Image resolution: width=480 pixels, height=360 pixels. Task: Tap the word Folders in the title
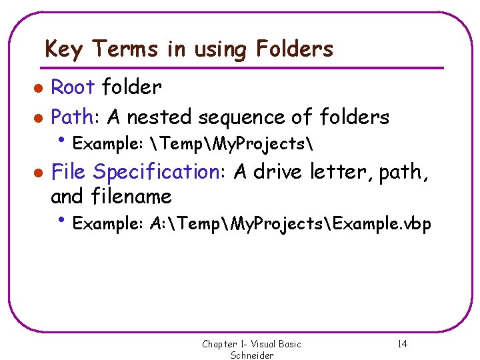click(291, 49)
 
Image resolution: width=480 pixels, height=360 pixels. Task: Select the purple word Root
click(74, 87)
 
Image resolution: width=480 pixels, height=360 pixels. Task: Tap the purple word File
click(69, 172)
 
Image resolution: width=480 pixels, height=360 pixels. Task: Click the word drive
click(278, 172)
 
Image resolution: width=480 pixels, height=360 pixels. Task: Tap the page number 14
click(402, 344)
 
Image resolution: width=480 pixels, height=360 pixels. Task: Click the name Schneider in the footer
click(252, 355)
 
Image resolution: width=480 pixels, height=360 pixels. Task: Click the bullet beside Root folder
click(39, 87)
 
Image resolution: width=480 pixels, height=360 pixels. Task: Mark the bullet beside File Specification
click(39, 173)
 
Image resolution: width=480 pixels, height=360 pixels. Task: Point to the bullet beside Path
click(39, 118)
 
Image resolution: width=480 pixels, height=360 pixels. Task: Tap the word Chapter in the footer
click(219, 344)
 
